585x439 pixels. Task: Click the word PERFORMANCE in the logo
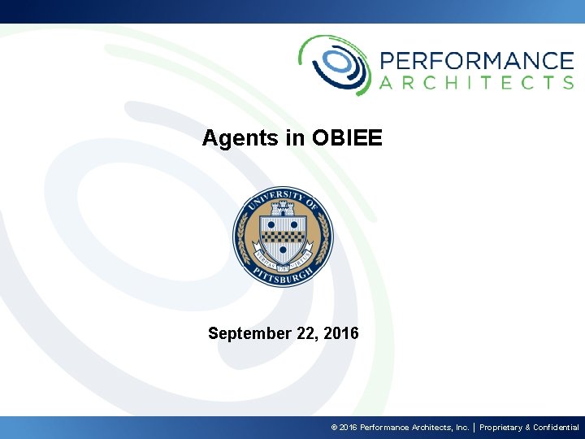pyautogui.click(x=476, y=60)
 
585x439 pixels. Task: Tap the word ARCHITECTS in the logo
pyautogui.click(x=476, y=82)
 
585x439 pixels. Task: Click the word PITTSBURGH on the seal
pyautogui.click(x=282, y=277)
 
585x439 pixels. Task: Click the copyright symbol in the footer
pyautogui.click(x=334, y=428)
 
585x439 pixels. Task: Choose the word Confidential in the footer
pyautogui.click(x=556, y=428)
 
